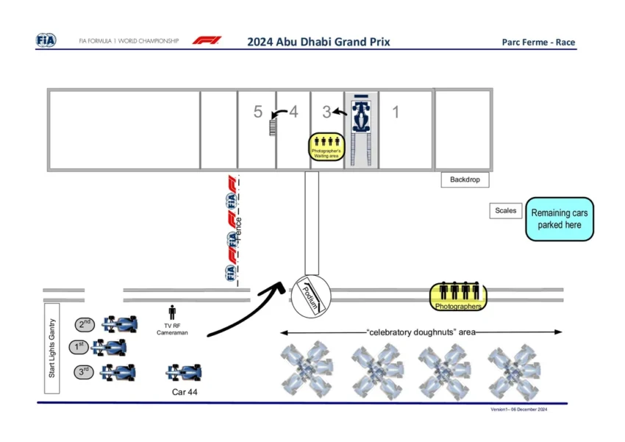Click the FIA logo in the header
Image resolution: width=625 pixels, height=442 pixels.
(46, 40)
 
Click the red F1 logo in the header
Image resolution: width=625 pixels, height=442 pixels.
(207, 40)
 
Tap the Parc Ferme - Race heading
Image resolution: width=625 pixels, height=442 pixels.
(538, 42)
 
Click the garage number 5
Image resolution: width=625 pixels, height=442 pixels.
(257, 112)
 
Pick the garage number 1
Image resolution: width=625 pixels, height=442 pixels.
(396, 112)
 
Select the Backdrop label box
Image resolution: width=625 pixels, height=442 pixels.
(465, 179)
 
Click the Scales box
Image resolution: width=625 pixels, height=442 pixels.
(506, 211)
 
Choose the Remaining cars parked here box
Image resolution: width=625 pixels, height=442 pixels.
(560, 219)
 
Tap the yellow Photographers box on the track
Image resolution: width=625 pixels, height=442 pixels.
(458, 296)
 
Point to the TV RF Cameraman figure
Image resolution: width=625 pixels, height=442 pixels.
(173, 313)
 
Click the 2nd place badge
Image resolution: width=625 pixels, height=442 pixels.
(85, 324)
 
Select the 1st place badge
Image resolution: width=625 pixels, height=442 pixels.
(78, 346)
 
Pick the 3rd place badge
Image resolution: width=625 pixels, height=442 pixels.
(85, 371)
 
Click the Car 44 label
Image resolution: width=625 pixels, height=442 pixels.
(185, 393)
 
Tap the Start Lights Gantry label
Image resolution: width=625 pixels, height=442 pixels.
(52, 349)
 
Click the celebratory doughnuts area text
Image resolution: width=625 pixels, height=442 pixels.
(421, 332)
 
